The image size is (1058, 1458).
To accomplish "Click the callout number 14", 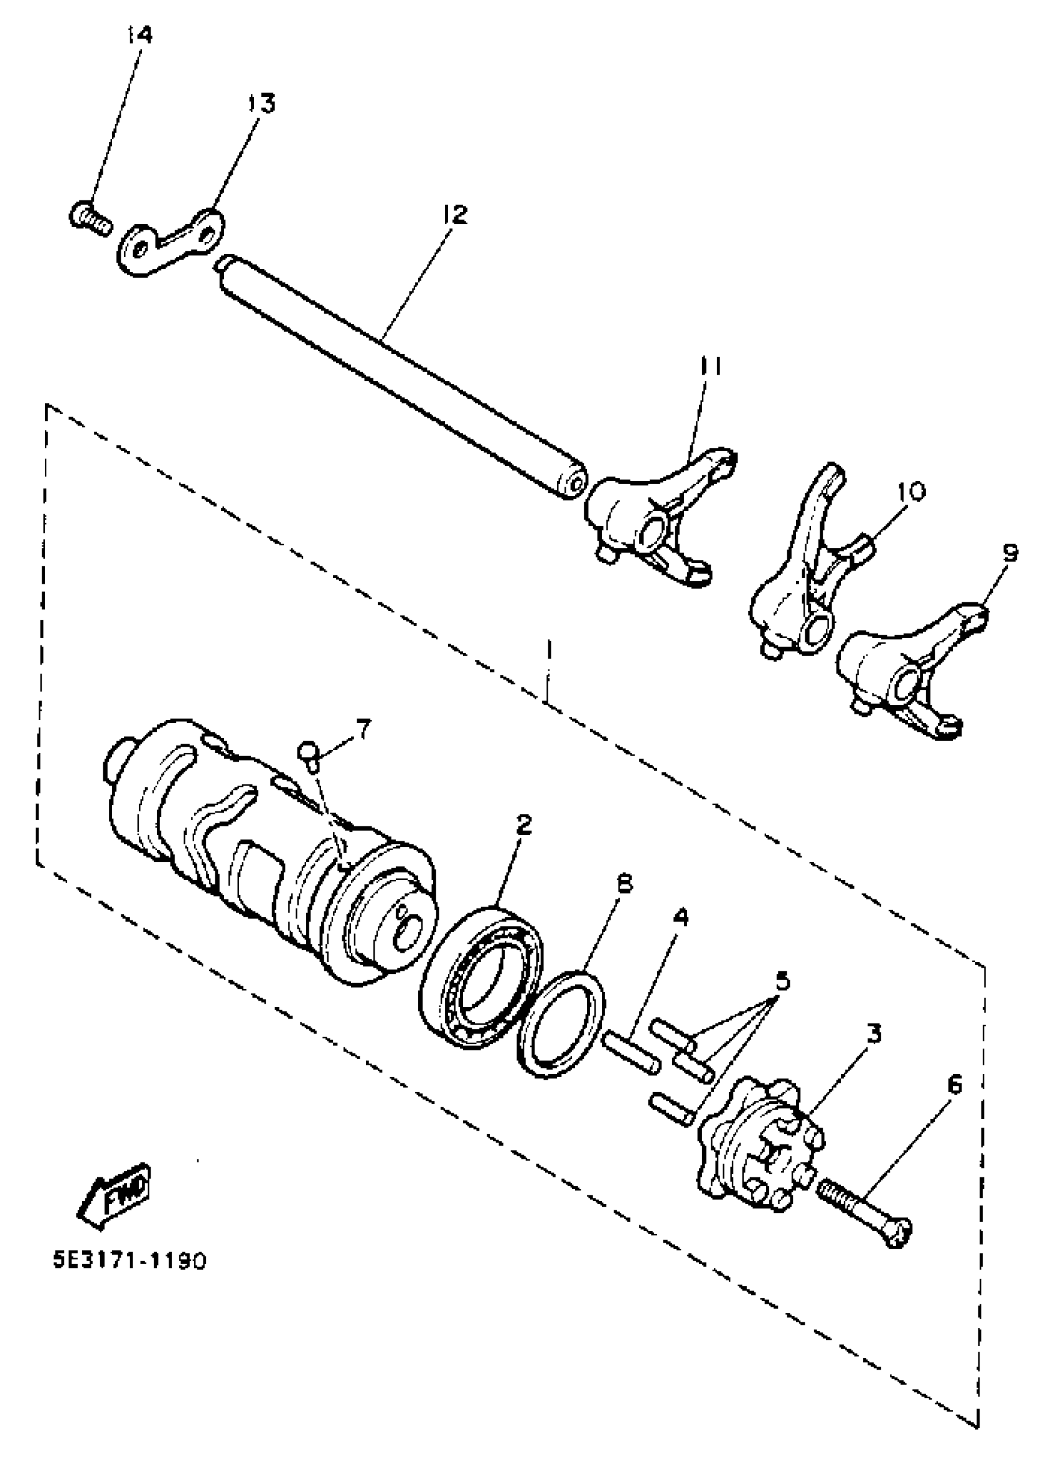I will (x=139, y=35).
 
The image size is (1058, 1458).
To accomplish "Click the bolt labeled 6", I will (x=864, y=1208).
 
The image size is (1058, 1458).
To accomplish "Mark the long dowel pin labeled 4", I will (x=630, y=1051).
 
